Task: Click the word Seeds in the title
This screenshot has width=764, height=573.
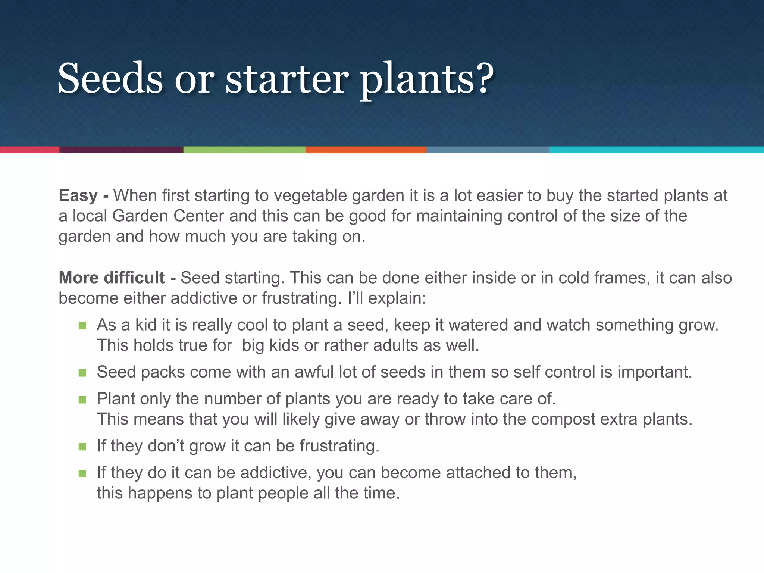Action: [110, 78]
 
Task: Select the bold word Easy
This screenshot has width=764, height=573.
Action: [78, 195]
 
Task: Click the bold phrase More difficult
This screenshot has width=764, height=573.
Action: [112, 278]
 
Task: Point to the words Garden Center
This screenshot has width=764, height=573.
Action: [168, 216]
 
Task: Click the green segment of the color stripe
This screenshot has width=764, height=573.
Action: [244, 150]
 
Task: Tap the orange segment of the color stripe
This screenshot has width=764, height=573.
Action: [366, 150]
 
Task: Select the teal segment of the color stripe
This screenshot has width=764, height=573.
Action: [657, 150]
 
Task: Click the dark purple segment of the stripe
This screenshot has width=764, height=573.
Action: [121, 150]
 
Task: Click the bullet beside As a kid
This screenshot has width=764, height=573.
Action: [82, 326]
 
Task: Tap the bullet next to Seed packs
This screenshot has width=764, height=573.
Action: [82, 373]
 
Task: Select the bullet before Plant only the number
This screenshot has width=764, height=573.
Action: [82, 400]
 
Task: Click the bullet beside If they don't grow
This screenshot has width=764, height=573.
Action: [82, 446]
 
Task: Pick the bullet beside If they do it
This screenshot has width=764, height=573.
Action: [82, 473]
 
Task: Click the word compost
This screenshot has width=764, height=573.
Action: [563, 420]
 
